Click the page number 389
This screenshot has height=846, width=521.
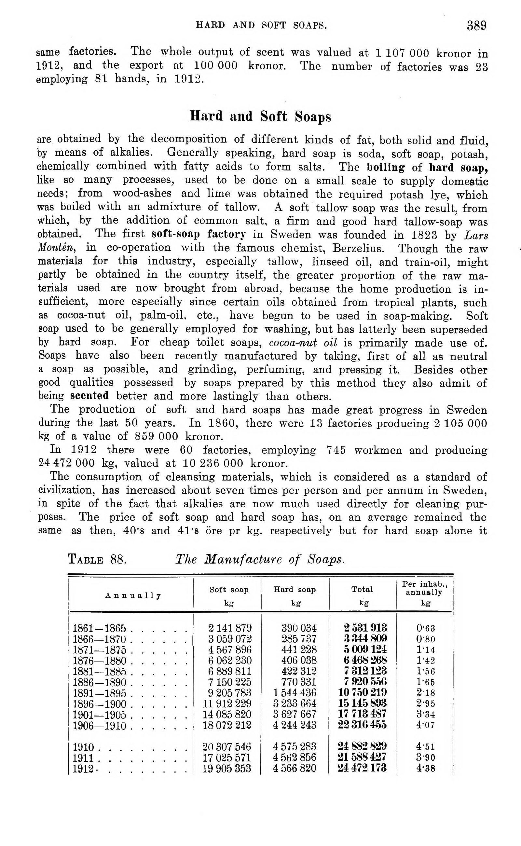coord(476,26)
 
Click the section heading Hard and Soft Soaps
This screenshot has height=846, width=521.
coord(260,116)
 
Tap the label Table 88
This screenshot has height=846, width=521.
coord(97,559)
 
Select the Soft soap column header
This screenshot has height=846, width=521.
coord(229,589)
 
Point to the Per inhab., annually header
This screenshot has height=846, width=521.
coord(425,588)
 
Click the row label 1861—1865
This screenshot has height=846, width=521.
coord(100,628)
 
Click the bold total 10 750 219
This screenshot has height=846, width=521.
coord(363,692)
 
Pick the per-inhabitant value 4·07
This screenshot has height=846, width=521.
coord(426,725)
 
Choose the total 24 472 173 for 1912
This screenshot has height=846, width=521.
coord(362,768)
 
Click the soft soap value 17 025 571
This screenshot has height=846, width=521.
coord(227,757)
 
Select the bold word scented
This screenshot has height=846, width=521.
coord(89,395)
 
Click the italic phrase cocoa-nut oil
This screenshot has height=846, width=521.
coord(303,343)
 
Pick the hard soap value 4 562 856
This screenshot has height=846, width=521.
coord(295,757)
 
